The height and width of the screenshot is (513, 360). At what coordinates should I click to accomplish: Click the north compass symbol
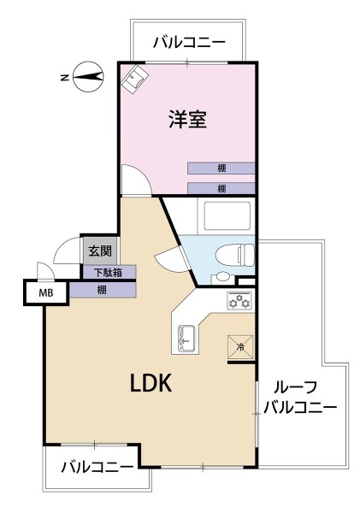tap(88, 77)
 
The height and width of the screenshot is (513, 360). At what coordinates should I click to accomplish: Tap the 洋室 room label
tap(187, 120)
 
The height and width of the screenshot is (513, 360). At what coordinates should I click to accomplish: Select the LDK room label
tap(150, 383)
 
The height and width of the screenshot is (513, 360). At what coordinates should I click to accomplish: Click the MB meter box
tap(46, 292)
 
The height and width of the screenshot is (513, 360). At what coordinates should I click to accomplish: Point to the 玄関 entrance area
tap(100, 251)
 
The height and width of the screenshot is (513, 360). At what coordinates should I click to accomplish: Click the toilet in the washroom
tap(235, 254)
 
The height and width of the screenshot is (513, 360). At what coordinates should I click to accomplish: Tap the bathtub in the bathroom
tap(227, 216)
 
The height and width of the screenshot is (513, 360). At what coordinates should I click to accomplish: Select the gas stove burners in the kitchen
tap(239, 301)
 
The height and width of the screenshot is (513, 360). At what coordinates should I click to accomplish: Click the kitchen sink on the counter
tap(187, 339)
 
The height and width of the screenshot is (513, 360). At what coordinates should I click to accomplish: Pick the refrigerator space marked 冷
tap(240, 347)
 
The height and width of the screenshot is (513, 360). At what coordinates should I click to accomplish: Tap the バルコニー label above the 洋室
tap(189, 43)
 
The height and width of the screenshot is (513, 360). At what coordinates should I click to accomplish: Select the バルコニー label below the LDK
tap(97, 467)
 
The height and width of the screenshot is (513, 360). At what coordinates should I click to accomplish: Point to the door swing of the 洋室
tap(136, 180)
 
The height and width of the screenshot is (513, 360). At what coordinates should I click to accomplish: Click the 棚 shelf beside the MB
tap(102, 290)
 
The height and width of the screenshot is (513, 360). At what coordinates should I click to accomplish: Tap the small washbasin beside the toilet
tap(223, 277)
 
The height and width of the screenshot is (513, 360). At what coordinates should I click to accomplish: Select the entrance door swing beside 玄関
tap(67, 251)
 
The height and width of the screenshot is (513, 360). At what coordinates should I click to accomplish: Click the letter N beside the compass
tap(65, 77)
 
